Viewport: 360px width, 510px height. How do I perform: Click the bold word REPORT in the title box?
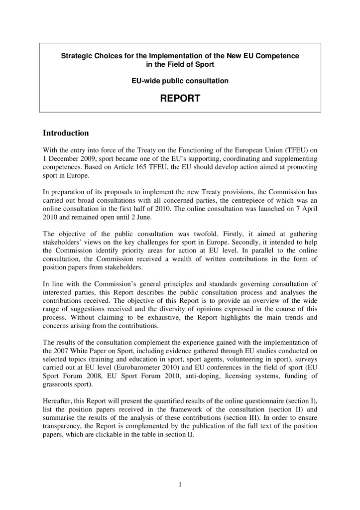(x=180, y=99)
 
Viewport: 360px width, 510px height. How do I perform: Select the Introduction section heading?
(x=66, y=133)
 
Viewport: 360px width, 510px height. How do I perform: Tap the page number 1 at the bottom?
(x=180, y=485)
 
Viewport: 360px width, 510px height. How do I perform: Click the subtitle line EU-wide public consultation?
(x=180, y=81)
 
